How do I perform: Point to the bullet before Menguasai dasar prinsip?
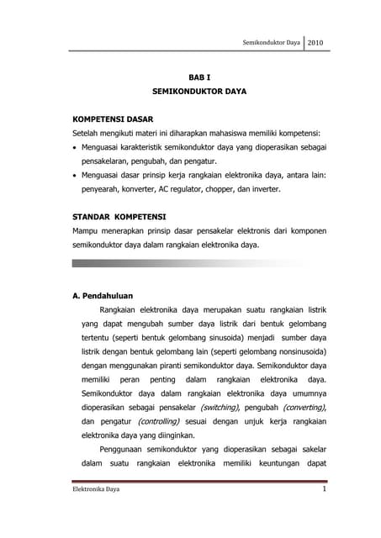75,175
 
